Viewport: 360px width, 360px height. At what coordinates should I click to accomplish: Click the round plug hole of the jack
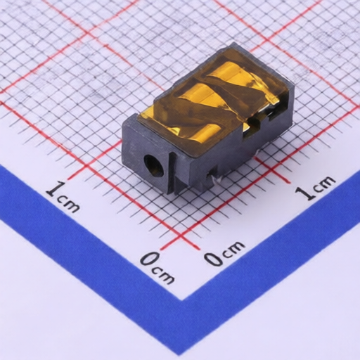154,166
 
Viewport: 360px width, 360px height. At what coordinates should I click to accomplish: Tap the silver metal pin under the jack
217,180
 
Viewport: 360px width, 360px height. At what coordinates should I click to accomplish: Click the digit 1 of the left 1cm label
56,188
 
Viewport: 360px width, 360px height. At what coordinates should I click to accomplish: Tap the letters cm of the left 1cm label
68,205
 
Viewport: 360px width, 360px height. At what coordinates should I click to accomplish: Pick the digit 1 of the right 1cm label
304,193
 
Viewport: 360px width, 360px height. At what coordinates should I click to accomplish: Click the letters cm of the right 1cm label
324,182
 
